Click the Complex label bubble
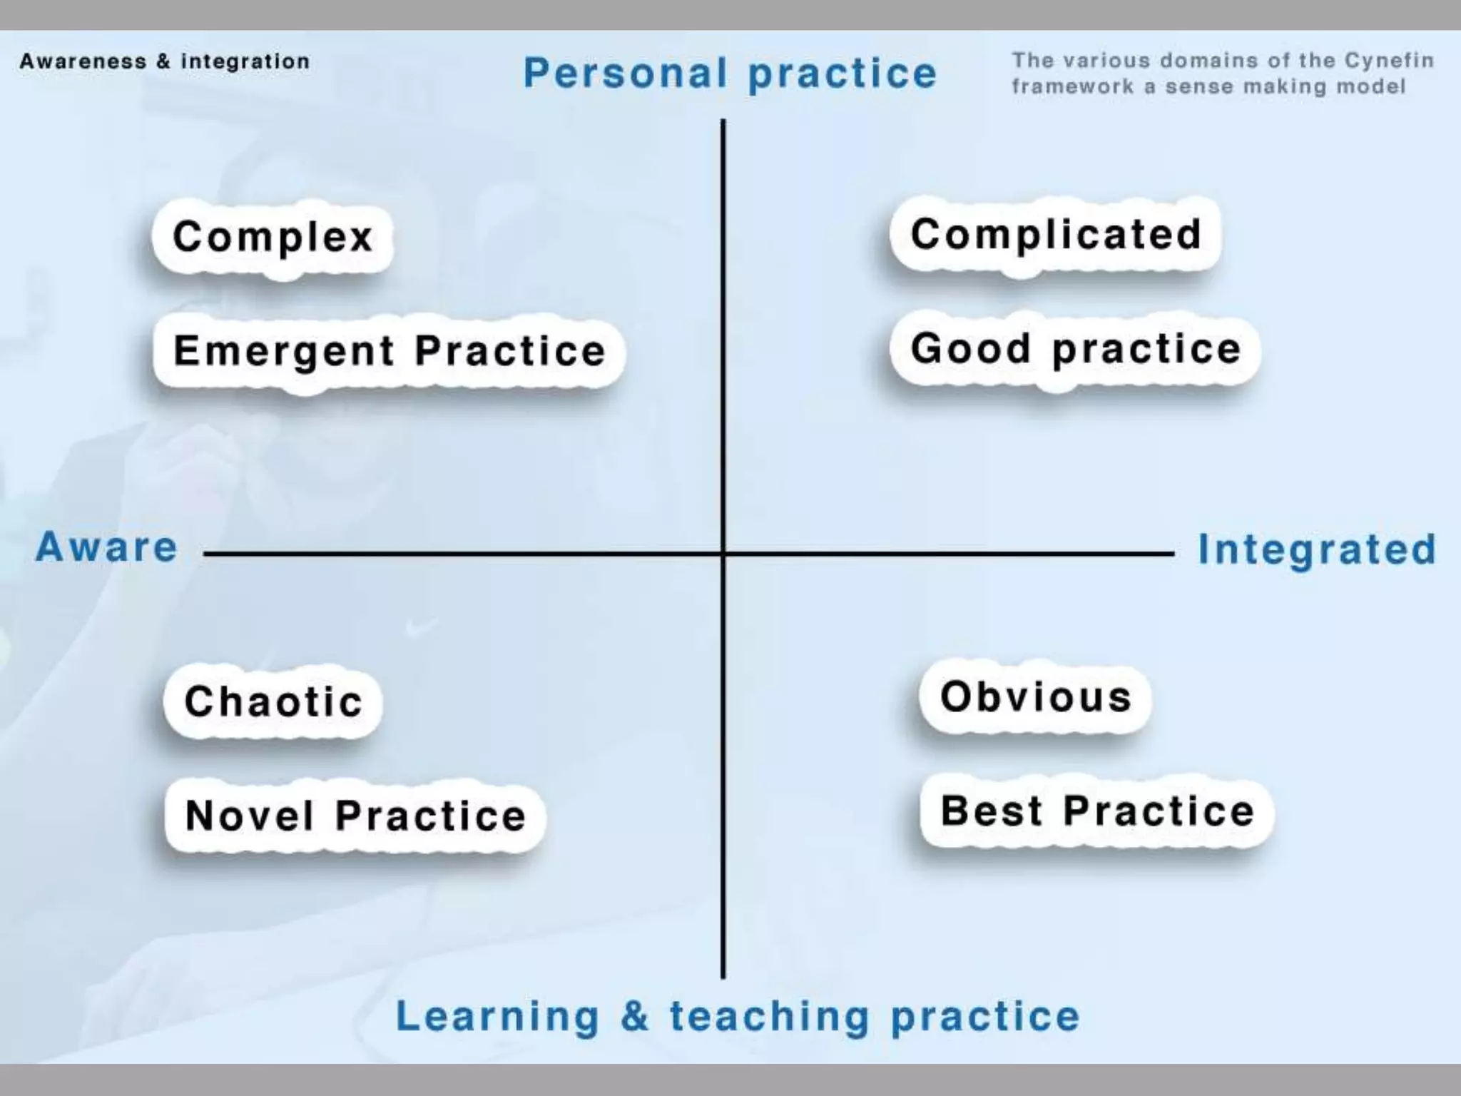point(273,237)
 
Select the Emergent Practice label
point(390,351)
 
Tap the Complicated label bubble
point(1056,234)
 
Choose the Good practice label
point(1076,349)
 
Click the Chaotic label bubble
point(273,701)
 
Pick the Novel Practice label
point(355,816)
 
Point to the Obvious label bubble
point(1036,696)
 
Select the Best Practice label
point(1097,811)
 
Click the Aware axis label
point(107,548)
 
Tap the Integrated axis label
point(1317,549)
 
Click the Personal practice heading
point(730,73)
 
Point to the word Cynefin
point(1389,61)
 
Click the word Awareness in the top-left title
point(83,61)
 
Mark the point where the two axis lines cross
point(723,553)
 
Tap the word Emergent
point(284,351)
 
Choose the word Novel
point(249,816)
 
